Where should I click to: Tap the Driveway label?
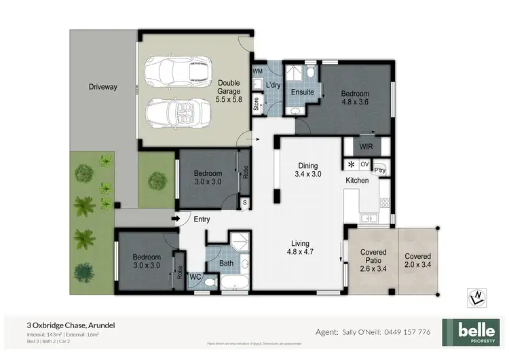103,87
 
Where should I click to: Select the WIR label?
366,145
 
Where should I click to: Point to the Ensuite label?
302,92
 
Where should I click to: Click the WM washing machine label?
258,71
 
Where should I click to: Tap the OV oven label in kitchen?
364,164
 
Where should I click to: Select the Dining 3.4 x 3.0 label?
309,169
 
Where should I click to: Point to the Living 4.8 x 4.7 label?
301,248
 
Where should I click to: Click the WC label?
195,276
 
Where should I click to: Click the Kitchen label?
357,181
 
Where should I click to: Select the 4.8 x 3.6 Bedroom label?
354,98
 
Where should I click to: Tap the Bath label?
227,264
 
